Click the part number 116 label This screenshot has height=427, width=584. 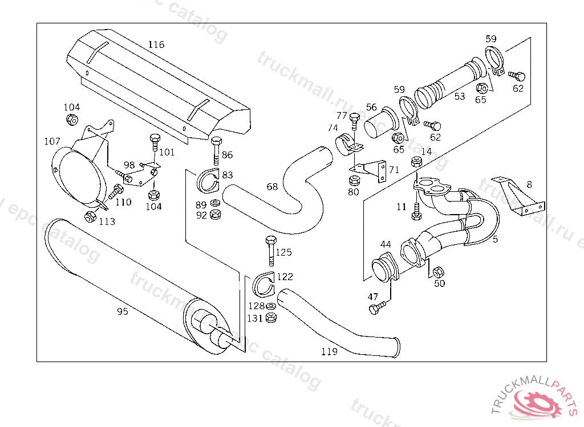[x=156, y=44]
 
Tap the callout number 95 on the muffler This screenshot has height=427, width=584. [x=123, y=311]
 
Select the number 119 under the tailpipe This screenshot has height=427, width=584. [x=329, y=352]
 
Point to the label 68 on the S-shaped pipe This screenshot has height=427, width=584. [x=272, y=187]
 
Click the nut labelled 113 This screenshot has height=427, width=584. [x=90, y=216]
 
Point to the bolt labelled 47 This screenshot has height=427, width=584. [x=374, y=309]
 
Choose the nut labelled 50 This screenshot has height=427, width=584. [x=438, y=272]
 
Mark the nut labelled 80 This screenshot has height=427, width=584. [x=354, y=180]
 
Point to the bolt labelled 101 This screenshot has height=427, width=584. [x=153, y=143]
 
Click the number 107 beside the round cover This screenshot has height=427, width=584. [x=52, y=141]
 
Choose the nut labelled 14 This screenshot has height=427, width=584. [x=416, y=162]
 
